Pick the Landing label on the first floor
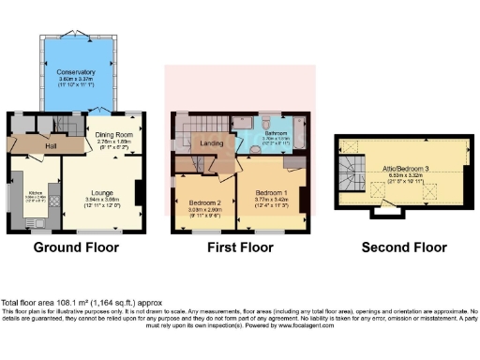pos(212,143)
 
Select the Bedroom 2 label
pos(204,202)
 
